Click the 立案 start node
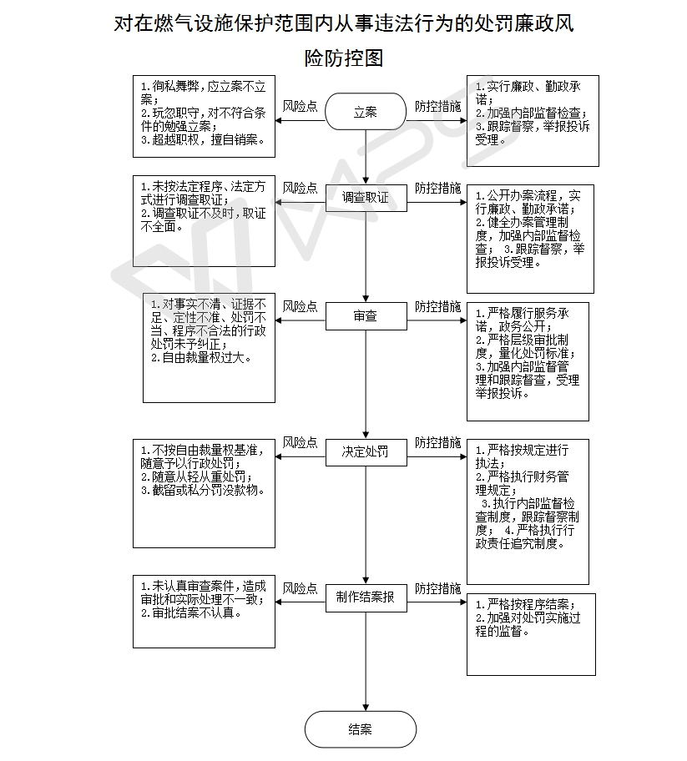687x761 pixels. pyautogui.click(x=365, y=112)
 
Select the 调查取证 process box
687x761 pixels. pyautogui.click(x=366, y=198)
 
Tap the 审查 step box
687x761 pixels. pyautogui.click(x=366, y=316)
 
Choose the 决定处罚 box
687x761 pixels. pyautogui.click(x=366, y=452)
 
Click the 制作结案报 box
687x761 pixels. pyautogui.click(x=366, y=597)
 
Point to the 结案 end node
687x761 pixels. pyautogui.click(x=361, y=729)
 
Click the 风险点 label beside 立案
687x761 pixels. pyautogui.click(x=300, y=106)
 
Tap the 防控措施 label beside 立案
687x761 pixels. pyautogui.click(x=437, y=106)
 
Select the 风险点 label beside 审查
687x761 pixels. pyautogui.click(x=300, y=306)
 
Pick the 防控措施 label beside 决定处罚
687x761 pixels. pyautogui.click(x=437, y=442)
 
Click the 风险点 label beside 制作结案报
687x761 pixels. pyautogui.click(x=300, y=588)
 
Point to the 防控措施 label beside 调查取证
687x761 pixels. pyautogui.click(x=437, y=188)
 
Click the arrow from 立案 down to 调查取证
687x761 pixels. pyautogui.click(x=366, y=157)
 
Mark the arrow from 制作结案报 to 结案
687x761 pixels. pyautogui.click(x=366, y=661)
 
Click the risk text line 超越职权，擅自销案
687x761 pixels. pyautogui.click(x=204, y=140)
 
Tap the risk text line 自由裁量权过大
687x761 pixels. pyautogui.click(x=201, y=358)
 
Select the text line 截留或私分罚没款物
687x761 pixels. pyautogui.click(x=204, y=490)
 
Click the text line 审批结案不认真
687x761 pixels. pyautogui.click(x=192, y=613)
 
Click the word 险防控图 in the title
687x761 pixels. pyautogui.click(x=344, y=58)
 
